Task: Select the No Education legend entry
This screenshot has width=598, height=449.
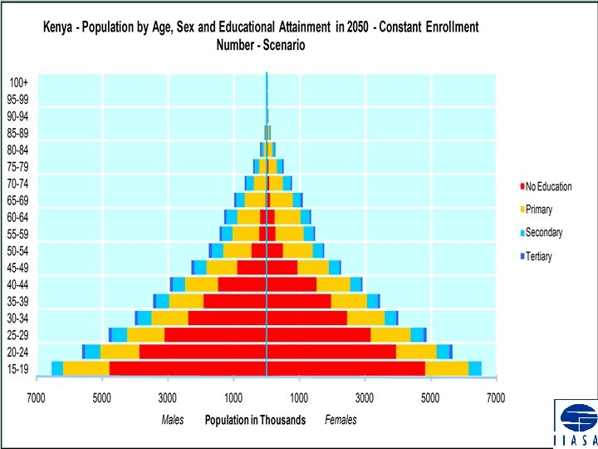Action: click(x=548, y=186)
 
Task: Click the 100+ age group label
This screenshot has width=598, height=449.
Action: click(x=18, y=82)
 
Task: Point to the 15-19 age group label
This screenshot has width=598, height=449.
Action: click(x=18, y=368)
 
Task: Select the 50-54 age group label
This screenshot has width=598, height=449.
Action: click(x=18, y=250)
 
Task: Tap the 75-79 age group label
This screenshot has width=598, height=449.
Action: click(x=18, y=166)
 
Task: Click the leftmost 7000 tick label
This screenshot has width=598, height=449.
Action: click(x=36, y=398)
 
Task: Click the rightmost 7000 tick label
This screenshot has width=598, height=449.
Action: click(x=496, y=398)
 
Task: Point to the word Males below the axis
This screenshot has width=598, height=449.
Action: click(x=173, y=420)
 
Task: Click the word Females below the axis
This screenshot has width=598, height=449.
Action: click(x=341, y=420)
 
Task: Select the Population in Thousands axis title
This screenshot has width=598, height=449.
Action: click(x=255, y=420)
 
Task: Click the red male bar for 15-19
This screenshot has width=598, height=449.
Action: click(x=188, y=368)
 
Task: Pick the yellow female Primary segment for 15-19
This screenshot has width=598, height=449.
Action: click(x=447, y=368)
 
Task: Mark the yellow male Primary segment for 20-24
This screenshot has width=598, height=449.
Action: click(x=120, y=352)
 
